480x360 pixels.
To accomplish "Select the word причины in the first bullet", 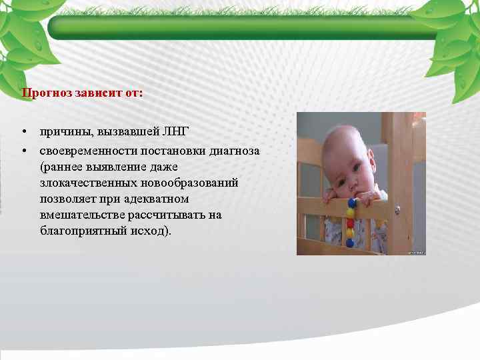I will (62, 129).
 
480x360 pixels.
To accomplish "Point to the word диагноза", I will (234, 151).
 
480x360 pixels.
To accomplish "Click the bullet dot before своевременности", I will (23, 151).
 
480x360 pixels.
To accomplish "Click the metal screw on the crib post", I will (397, 210).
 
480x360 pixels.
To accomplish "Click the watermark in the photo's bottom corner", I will (417, 252).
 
